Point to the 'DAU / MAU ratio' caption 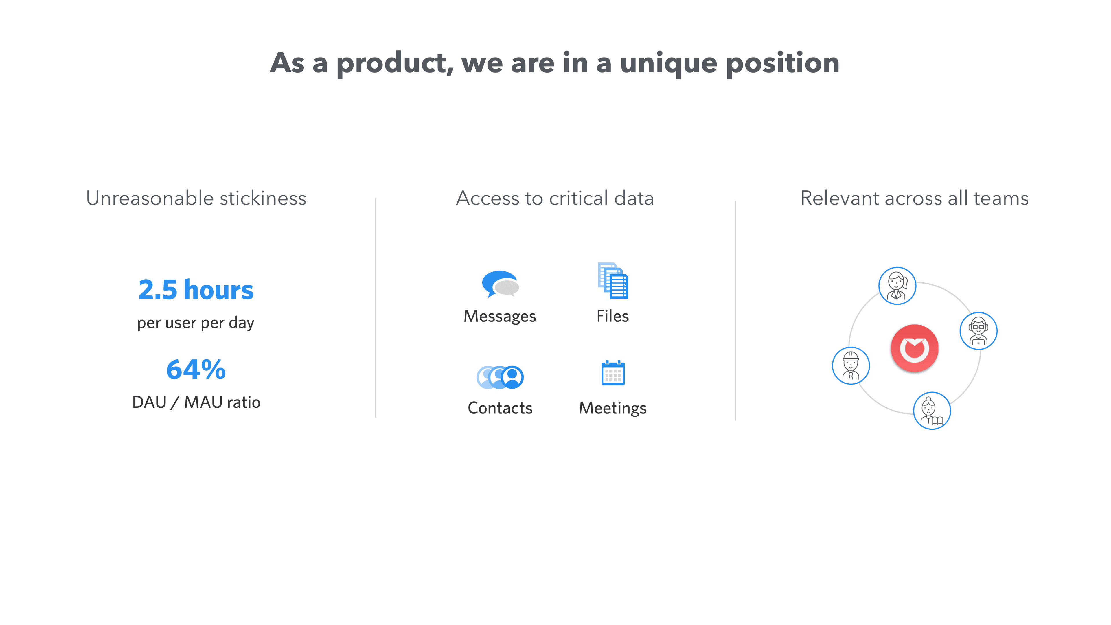click(196, 402)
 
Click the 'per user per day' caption click(196, 323)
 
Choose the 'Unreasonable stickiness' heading click(196, 198)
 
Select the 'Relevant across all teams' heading click(914, 198)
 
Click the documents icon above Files click(613, 280)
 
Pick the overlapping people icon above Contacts click(500, 377)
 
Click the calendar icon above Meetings click(613, 373)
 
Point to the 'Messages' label click(500, 316)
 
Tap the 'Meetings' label click(613, 408)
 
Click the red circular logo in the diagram click(914, 348)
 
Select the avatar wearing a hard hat click(851, 366)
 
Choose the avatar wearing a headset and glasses click(978, 331)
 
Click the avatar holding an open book click(932, 411)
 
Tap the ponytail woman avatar click(897, 286)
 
